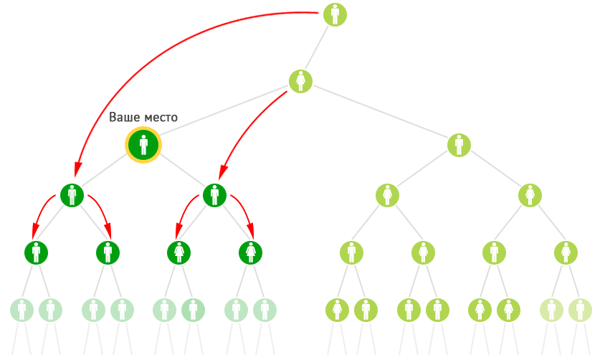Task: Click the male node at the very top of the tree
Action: (x=335, y=14)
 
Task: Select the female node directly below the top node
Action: (x=300, y=81)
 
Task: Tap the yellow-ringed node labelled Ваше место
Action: (x=143, y=145)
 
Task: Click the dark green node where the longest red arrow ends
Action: (x=72, y=195)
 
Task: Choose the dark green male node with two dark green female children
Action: (x=214, y=195)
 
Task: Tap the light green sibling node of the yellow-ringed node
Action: (x=459, y=145)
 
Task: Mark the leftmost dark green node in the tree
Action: (x=37, y=252)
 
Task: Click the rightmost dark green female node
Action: (x=250, y=252)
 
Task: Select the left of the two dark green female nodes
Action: (x=179, y=252)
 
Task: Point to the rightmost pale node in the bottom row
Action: (x=581, y=310)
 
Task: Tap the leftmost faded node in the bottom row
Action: (x=22, y=310)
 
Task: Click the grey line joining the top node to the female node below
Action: (x=317, y=48)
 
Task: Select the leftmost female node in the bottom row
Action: (x=338, y=310)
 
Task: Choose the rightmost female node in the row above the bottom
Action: (x=566, y=252)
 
